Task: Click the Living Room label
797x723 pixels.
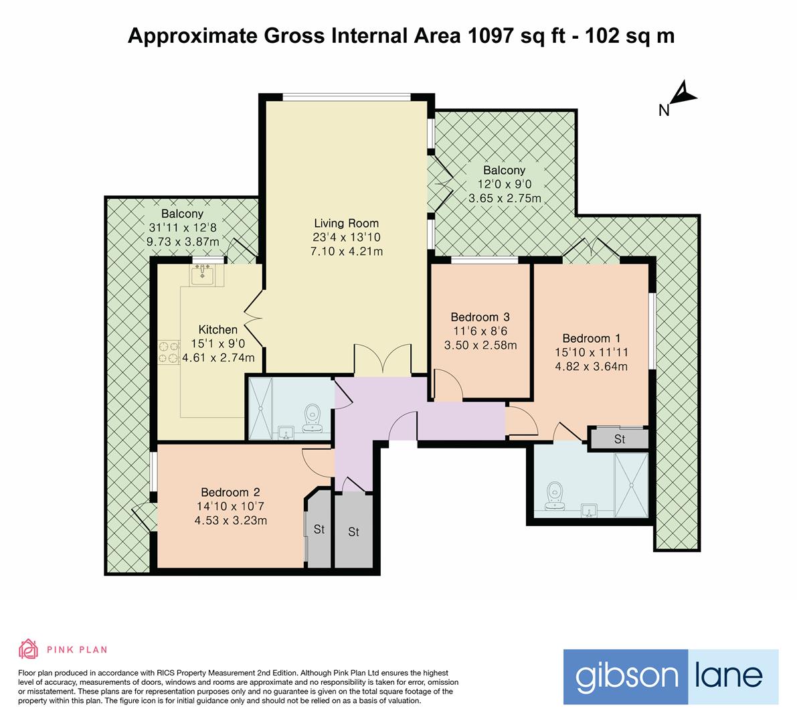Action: coord(346,223)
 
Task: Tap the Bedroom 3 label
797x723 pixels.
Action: coord(480,317)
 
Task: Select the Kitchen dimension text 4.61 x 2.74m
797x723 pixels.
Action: coord(219,358)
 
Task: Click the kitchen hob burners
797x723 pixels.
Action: coord(169,352)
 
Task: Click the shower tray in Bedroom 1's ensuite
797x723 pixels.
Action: coord(631,485)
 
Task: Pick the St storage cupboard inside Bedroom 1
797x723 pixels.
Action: coord(618,438)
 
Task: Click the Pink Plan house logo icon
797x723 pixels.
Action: coord(29,649)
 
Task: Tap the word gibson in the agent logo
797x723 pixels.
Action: coord(626,677)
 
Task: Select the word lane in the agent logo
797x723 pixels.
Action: coord(729,675)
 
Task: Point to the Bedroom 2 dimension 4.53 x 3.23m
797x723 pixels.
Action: coord(231,521)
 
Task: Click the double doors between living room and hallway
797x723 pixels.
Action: coord(383,360)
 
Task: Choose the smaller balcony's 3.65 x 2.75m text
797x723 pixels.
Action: coord(505,198)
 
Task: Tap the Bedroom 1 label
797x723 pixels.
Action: coord(591,339)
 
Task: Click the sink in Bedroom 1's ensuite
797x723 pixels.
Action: coord(590,509)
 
